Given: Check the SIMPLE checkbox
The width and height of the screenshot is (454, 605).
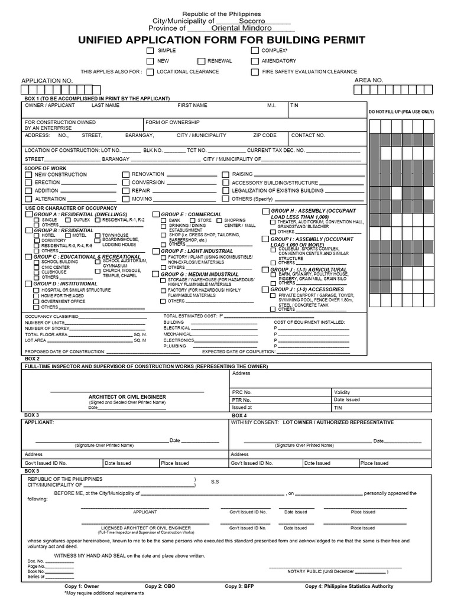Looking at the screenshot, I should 150,51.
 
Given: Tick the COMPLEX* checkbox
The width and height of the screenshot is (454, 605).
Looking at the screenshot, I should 254,51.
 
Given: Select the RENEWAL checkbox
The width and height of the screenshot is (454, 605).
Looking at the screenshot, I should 202,61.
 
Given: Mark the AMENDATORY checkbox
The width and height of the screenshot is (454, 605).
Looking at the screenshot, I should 254,61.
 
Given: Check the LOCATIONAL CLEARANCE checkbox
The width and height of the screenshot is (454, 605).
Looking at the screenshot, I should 150,72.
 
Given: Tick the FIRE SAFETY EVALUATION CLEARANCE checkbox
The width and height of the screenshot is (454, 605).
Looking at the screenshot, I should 254,72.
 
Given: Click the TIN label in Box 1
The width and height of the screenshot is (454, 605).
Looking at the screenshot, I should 294,105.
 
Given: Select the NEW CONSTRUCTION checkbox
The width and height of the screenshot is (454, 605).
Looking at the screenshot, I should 28,175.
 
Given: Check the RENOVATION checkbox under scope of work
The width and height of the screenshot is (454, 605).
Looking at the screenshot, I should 125,175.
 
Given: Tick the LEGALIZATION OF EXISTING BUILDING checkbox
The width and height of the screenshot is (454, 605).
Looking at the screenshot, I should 226,191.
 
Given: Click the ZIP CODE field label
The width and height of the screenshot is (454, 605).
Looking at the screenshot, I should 265,135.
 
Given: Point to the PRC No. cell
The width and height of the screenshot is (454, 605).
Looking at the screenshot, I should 242,392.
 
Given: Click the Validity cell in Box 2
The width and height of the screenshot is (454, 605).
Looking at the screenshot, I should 342,392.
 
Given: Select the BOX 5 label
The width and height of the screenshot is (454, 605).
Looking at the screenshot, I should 32,470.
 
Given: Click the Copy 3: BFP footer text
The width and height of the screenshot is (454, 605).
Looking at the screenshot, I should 241,586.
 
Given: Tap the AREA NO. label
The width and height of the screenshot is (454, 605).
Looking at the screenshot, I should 369,80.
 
